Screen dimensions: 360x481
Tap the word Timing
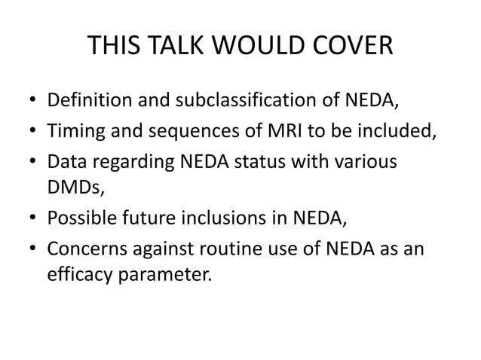(74, 132)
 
